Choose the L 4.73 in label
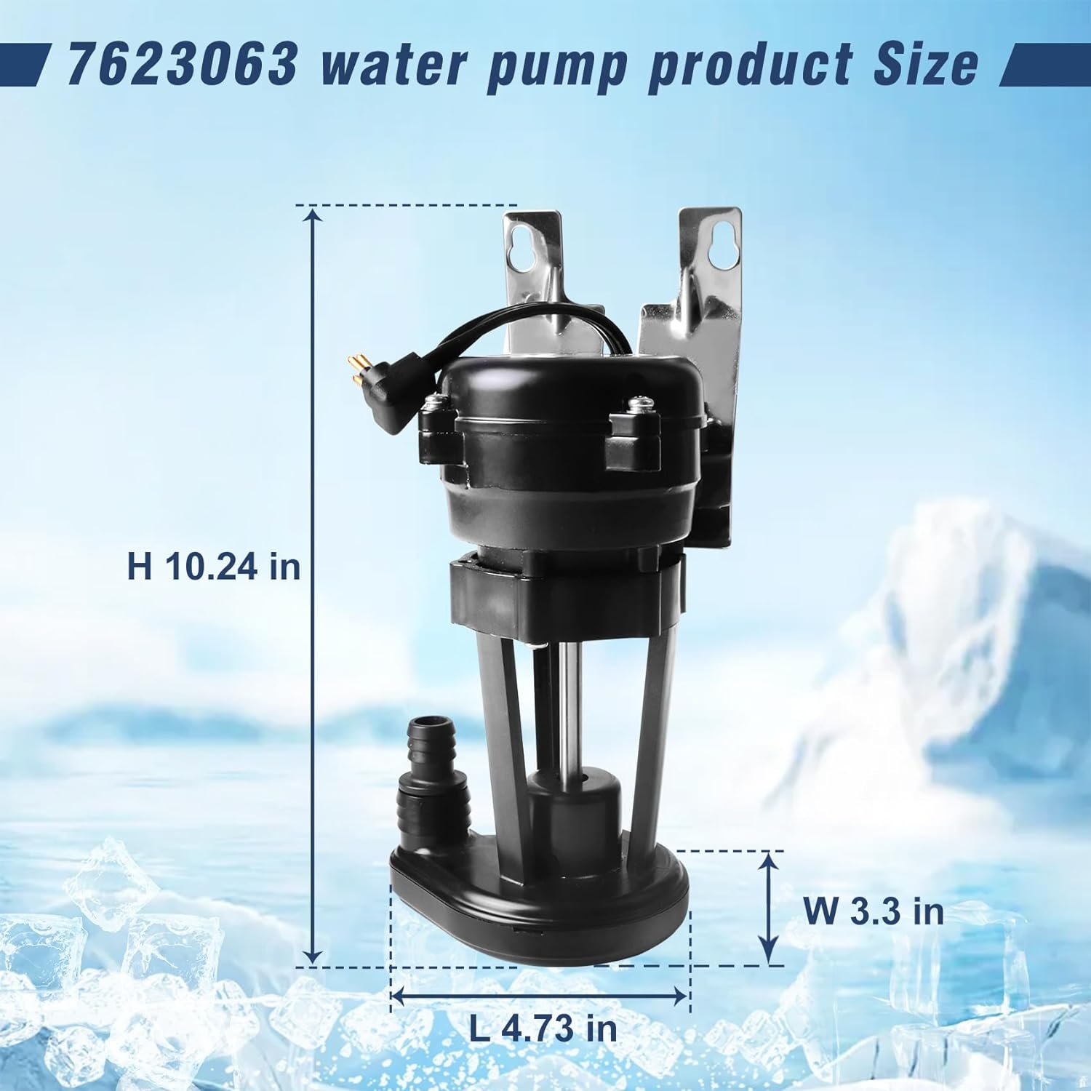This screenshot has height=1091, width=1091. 543,1028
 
